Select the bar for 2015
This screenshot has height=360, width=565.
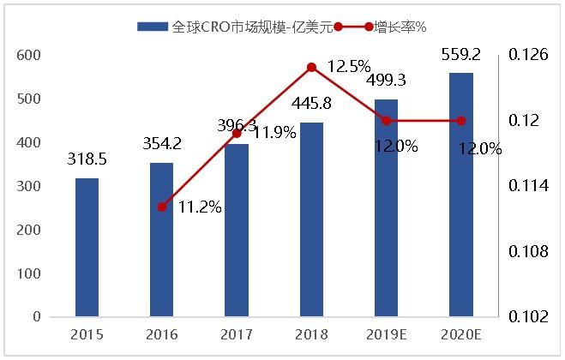pyautogui.click(x=87, y=248)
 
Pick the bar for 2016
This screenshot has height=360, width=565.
pyautogui.click(x=161, y=240)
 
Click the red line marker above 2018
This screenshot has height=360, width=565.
pyautogui.click(x=311, y=67)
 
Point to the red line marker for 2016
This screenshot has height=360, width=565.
pyautogui.click(x=161, y=207)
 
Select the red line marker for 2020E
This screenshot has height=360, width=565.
pyautogui.click(x=461, y=120)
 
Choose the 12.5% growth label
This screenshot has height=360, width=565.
pyautogui.click(x=349, y=65)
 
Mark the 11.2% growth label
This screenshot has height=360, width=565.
pyautogui.click(x=200, y=207)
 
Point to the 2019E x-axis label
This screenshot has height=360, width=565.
pyautogui.click(x=386, y=334)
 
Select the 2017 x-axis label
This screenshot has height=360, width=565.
pyautogui.click(x=236, y=334)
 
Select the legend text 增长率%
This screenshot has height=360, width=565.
pyautogui.click(x=400, y=27)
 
